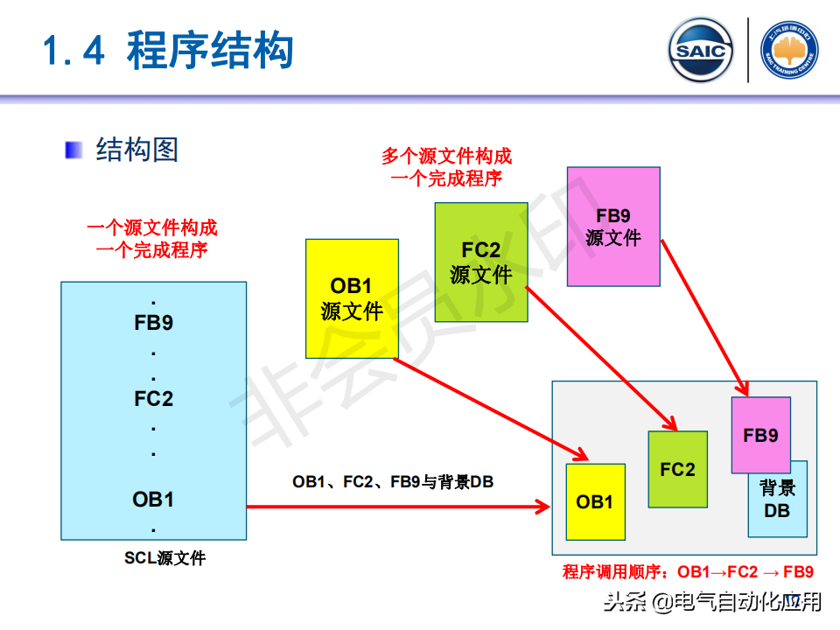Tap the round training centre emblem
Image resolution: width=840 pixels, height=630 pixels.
click(789, 50)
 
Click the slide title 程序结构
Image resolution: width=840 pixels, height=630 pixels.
click(209, 50)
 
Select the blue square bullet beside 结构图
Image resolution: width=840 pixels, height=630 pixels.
click(73, 150)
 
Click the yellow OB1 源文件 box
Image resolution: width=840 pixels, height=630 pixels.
click(352, 297)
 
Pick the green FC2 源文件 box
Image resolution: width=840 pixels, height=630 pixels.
click(481, 262)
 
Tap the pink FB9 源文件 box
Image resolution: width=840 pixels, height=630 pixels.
click(613, 226)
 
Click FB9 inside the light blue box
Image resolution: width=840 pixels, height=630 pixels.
click(154, 323)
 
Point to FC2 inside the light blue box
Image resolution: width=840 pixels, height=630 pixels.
click(154, 399)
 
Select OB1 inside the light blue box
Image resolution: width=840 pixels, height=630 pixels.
click(154, 500)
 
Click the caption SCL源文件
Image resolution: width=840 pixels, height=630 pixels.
click(164, 557)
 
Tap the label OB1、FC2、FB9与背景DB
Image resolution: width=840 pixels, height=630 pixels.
click(393, 481)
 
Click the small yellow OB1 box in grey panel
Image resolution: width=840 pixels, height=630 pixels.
click(595, 501)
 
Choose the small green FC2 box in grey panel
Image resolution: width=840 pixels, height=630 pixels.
click(677, 469)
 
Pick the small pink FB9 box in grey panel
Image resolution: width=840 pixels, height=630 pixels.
click(760, 435)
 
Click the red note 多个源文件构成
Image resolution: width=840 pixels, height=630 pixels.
click(446, 157)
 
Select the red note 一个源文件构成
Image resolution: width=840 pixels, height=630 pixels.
click(152, 229)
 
